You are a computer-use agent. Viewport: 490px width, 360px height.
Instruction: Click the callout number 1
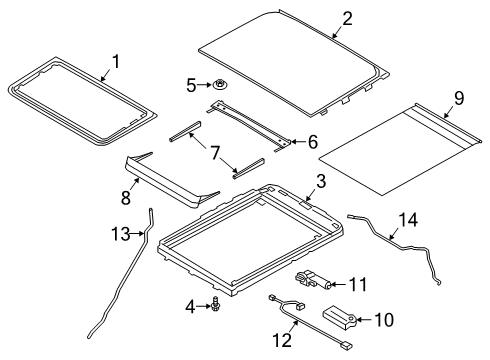[x=116, y=62]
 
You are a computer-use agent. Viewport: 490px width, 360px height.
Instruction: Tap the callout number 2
[x=347, y=19]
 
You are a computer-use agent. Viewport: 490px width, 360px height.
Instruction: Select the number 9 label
[x=459, y=98]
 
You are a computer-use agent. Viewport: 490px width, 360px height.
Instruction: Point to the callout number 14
[x=408, y=220]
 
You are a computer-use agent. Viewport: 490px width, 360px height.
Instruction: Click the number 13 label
[x=121, y=233]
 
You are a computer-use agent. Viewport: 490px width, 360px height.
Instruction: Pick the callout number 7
[x=215, y=153]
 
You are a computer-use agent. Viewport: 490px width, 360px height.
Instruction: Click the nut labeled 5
[x=219, y=85]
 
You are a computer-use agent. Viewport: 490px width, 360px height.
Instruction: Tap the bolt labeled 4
[x=215, y=303]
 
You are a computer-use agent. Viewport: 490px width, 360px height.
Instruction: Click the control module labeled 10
[x=340, y=317]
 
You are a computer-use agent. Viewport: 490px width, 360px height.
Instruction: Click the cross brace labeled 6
[x=249, y=126]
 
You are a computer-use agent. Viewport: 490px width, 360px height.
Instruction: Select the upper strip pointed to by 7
[x=185, y=131]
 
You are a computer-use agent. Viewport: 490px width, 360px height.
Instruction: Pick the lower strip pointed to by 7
[x=248, y=168]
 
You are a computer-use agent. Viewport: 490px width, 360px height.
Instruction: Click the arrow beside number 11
[x=339, y=284]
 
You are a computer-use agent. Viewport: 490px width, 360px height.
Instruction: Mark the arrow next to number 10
[x=365, y=320]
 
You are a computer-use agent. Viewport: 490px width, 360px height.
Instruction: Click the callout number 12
[x=282, y=340]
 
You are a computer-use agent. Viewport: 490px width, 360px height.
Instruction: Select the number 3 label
[x=321, y=182]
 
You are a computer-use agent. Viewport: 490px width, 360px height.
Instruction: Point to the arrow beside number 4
[x=204, y=306]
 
